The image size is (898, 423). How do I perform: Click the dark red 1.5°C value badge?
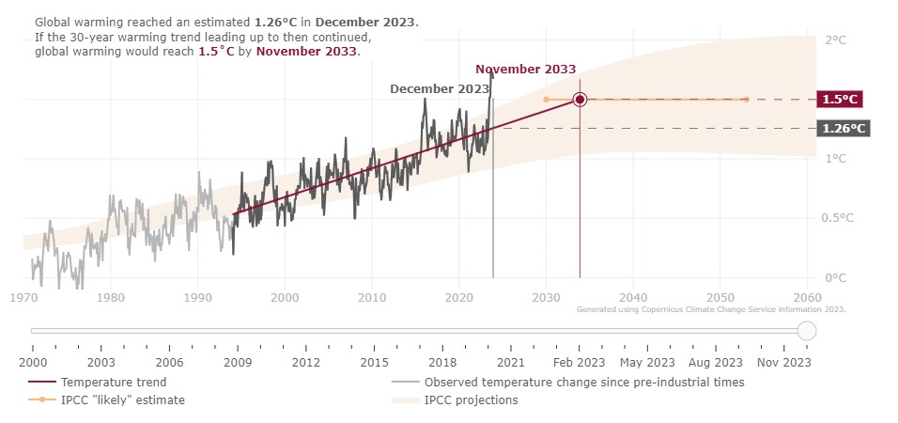(841, 99)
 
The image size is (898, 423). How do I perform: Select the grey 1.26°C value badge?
(843, 128)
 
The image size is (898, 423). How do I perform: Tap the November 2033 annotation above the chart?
(525, 70)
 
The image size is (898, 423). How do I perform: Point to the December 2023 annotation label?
(440, 88)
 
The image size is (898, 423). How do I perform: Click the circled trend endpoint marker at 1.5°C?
(580, 99)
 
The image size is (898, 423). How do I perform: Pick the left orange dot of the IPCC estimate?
(546, 99)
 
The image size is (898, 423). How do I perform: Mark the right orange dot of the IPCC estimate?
(746, 99)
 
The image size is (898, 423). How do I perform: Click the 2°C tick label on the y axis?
(835, 40)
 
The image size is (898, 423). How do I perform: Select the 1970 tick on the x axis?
(23, 297)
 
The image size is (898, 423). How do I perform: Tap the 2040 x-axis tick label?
(633, 297)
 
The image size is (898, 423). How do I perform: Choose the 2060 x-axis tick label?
(807, 297)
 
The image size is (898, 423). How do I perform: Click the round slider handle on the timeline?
(807, 331)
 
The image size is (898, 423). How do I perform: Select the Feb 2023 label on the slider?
(579, 362)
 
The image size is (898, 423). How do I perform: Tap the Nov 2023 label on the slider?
(783, 362)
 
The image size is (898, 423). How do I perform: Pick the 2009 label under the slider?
(238, 362)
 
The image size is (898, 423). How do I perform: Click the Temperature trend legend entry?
(114, 383)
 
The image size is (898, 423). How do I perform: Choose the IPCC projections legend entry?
(471, 400)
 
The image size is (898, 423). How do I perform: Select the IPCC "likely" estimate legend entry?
(122, 400)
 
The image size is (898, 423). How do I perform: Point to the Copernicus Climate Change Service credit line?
(711, 309)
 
